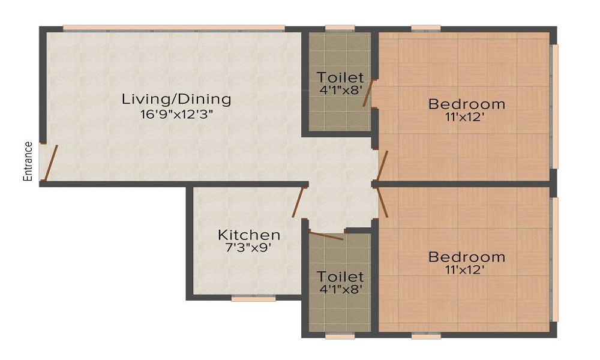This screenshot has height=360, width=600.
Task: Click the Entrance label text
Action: click(x=28, y=161)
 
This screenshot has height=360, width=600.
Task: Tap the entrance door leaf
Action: click(x=52, y=162)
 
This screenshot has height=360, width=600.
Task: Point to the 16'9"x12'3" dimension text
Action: click(x=176, y=114)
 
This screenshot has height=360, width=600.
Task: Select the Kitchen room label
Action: click(x=249, y=235)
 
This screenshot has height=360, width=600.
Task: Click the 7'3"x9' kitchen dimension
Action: click(x=249, y=248)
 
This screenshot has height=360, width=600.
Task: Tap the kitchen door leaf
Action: click(x=297, y=202)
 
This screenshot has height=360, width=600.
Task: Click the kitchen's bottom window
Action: click(x=253, y=298)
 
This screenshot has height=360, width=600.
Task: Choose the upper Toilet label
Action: click(x=340, y=77)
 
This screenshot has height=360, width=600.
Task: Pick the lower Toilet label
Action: click(x=340, y=277)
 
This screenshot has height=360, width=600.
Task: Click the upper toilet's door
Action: click(x=368, y=94)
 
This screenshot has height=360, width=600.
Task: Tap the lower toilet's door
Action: click(x=326, y=235)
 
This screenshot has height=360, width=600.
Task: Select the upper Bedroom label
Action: click(x=466, y=104)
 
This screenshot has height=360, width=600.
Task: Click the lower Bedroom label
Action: click(x=466, y=257)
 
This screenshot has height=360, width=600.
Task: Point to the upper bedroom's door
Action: click(x=382, y=166)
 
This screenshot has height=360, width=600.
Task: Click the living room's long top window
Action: click(x=173, y=28)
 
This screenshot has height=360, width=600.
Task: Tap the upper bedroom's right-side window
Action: click(x=556, y=105)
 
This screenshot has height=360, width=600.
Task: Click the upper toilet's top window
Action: click(x=340, y=28)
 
